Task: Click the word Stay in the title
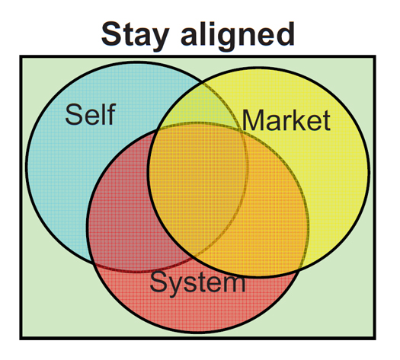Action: tap(136, 35)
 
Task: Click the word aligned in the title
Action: tap(238, 35)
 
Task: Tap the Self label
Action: tap(91, 114)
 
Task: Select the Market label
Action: tap(286, 120)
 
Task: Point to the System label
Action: tap(197, 283)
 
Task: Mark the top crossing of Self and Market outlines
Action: tap(203, 81)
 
